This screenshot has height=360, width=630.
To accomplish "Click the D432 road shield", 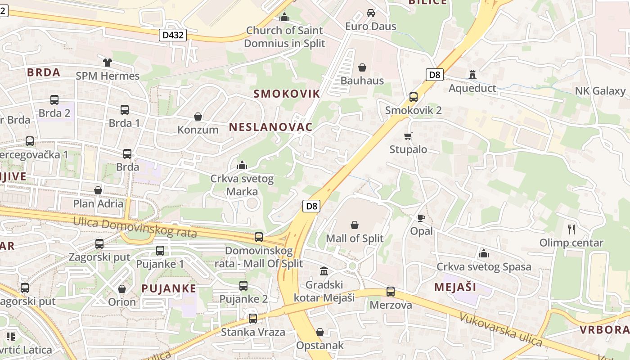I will click(x=173, y=35).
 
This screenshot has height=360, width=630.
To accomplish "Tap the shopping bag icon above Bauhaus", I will click(x=362, y=68).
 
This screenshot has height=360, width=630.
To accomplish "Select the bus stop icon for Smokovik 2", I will click(x=413, y=97).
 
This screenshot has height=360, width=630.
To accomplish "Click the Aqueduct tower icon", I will click(x=472, y=74).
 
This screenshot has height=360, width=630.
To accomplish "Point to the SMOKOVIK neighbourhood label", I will click(x=287, y=94).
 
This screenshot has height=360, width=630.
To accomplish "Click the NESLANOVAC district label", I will click(x=270, y=127).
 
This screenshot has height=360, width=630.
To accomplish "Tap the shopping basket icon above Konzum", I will click(x=198, y=117).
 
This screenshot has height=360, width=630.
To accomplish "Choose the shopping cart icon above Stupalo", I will click(x=408, y=136).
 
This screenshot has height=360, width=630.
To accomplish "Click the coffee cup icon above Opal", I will click(x=421, y=218).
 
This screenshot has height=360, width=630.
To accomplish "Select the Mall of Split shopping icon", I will click(x=355, y=225).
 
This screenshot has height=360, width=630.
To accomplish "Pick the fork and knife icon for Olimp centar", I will click(x=571, y=229).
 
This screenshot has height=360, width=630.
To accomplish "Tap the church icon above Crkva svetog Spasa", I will click(x=484, y=253).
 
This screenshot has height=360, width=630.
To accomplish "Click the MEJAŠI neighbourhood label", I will click(x=455, y=287).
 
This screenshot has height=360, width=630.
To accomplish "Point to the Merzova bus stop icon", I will click(x=391, y=292).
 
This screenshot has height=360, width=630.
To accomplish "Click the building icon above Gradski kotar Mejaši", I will click(x=324, y=271).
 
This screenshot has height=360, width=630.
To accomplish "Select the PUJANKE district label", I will click(x=169, y=288).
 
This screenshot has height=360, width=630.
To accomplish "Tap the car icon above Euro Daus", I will click(x=371, y=13).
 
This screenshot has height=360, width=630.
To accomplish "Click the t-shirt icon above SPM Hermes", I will click(x=107, y=63).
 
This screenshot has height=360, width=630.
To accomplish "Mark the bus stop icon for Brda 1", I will click(x=124, y=109).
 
